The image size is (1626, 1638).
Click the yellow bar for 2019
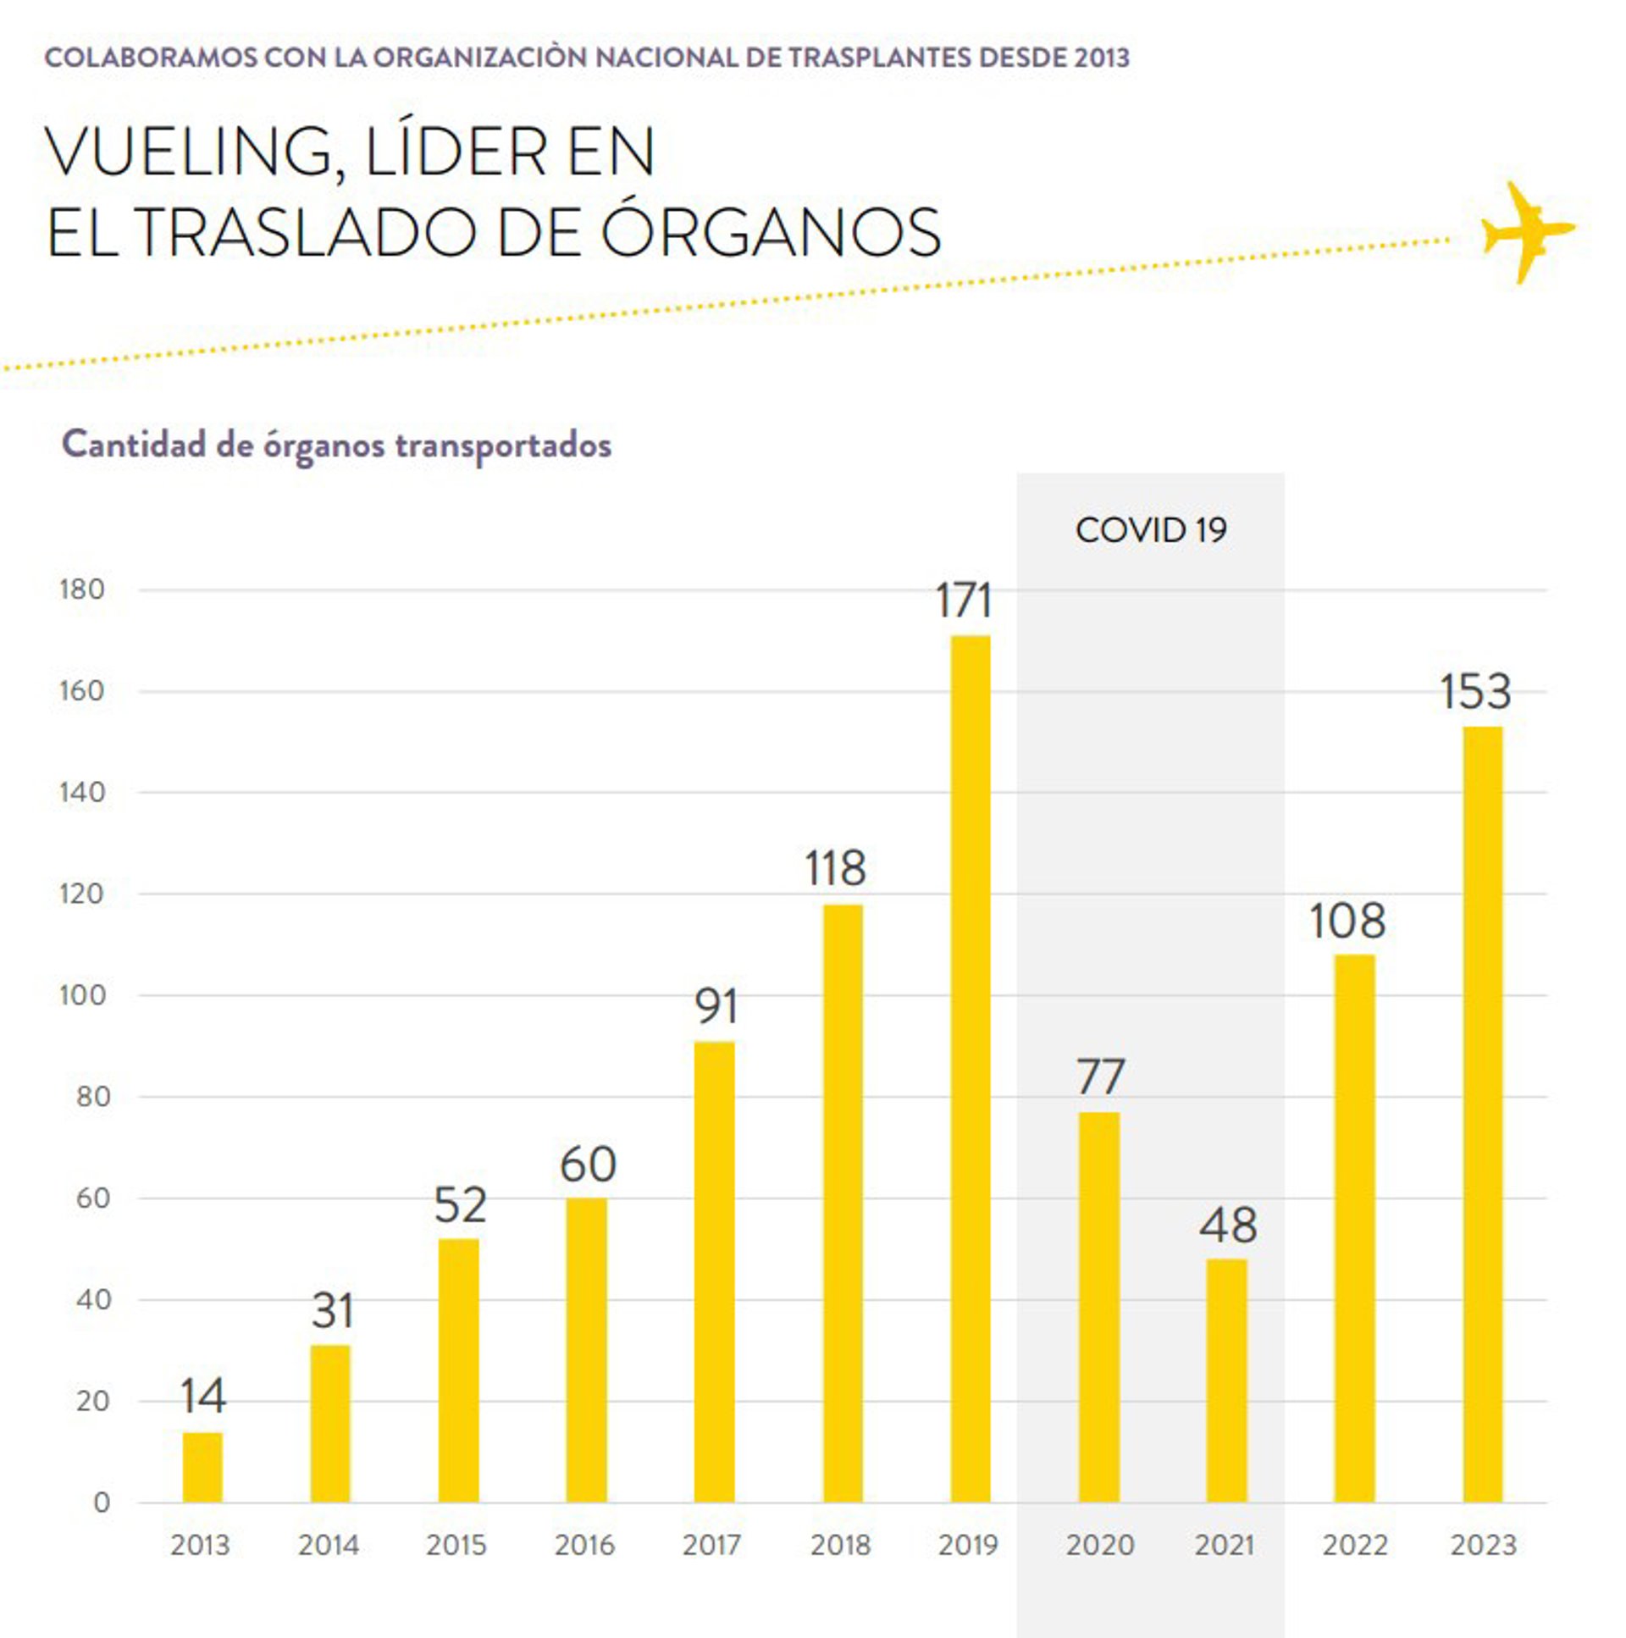(x=970, y=1068)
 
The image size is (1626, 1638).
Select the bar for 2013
(x=202, y=1467)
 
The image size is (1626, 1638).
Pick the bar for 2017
(x=714, y=1272)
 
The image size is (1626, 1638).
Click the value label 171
(x=963, y=600)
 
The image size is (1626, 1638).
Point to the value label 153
(x=1475, y=692)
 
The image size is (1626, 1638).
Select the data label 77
(x=1100, y=1076)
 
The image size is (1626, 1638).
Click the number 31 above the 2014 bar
(x=331, y=1311)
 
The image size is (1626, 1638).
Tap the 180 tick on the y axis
(x=82, y=589)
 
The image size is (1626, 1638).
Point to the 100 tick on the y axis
(x=82, y=995)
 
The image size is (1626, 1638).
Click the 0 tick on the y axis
(x=102, y=1502)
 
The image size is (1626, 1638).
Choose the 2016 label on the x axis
(x=584, y=1545)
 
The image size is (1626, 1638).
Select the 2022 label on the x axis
(x=1354, y=1545)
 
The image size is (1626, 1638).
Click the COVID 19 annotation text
(x=1150, y=530)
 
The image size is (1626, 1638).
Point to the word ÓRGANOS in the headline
(x=771, y=232)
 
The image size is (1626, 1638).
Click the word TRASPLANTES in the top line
(x=880, y=58)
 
